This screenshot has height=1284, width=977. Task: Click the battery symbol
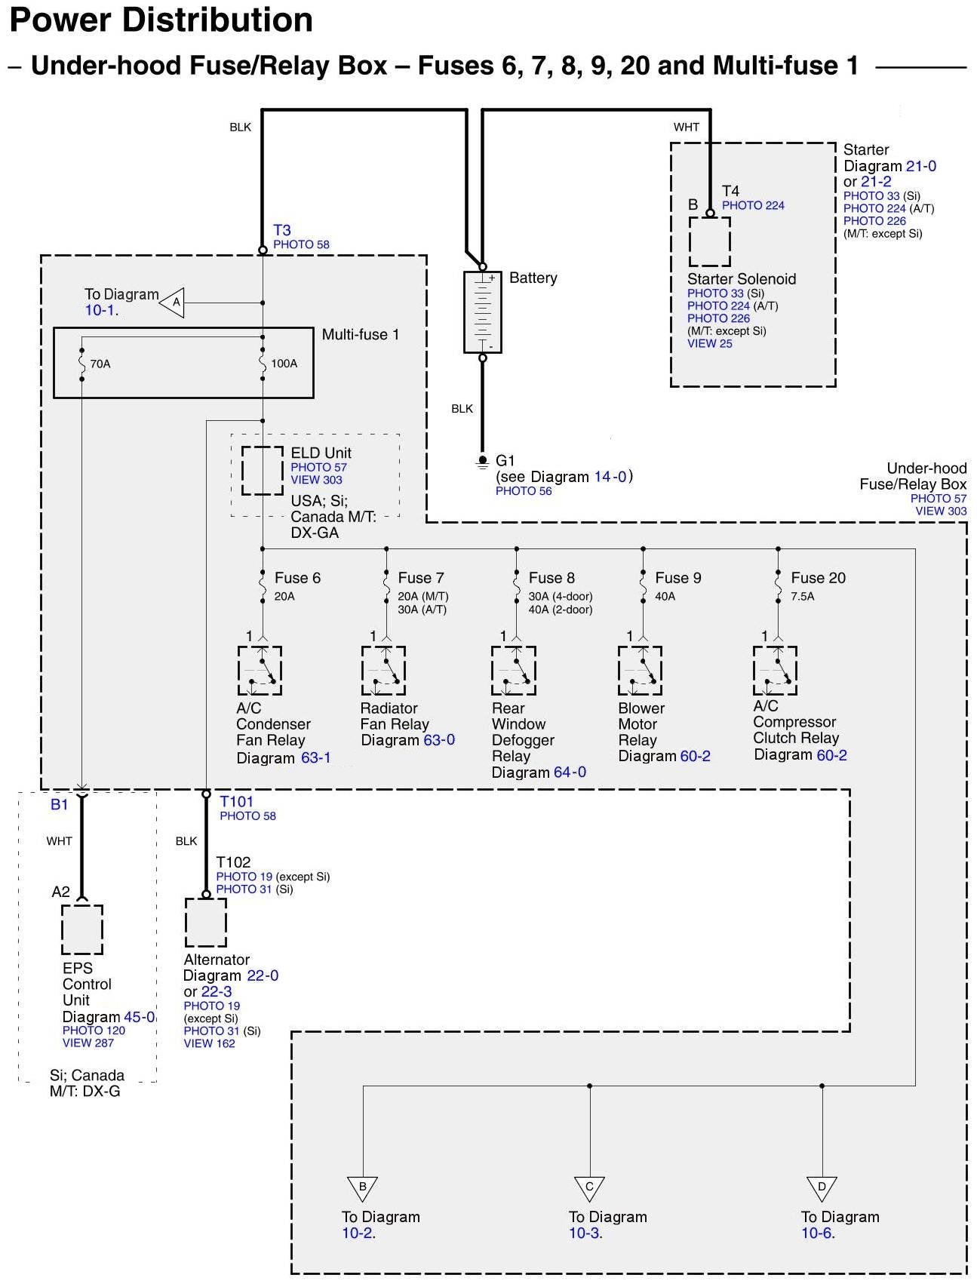point(483,312)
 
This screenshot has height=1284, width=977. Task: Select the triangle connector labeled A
point(173,303)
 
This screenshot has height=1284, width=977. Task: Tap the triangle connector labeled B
point(363,1187)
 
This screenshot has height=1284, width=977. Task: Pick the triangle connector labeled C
point(589,1187)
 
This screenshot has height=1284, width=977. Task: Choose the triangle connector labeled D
point(822,1187)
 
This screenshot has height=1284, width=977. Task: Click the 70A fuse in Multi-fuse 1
point(81,364)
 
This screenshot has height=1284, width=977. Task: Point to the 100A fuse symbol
point(263,364)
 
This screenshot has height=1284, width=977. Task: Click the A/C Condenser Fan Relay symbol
point(260,671)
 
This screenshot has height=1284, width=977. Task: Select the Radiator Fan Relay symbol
point(384,671)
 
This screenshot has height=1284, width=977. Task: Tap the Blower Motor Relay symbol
point(641,671)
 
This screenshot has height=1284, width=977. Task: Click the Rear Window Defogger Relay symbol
point(514,671)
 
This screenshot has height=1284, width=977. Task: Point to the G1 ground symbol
point(483,461)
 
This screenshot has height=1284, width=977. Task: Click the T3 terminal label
point(282,230)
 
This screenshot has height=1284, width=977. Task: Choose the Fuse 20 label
point(818,578)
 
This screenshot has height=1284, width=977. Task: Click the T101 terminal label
point(236,802)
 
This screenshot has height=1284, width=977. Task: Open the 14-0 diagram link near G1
point(610,477)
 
